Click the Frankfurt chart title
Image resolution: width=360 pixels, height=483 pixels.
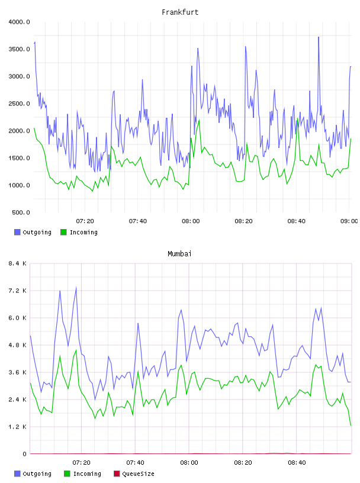tap(180, 12)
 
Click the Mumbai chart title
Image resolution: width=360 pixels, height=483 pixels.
tap(179, 254)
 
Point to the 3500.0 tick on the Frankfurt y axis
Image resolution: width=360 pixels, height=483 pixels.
tap(19, 49)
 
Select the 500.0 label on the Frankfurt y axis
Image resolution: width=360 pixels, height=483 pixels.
tap(21, 212)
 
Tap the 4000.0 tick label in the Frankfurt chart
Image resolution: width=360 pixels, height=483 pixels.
tap(19, 22)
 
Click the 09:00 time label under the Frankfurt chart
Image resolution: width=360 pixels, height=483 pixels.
tap(349, 221)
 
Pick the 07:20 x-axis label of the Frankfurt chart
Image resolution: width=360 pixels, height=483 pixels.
tap(85, 221)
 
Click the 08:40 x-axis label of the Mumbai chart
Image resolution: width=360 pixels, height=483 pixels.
tap(297, 463)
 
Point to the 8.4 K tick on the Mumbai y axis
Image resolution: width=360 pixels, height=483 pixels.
tap(17, 263)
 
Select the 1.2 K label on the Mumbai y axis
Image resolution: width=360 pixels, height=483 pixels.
tap(17, 427)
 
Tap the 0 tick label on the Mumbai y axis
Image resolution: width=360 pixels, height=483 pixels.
tap(24, 454)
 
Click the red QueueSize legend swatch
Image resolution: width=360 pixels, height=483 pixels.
tap(117, 474)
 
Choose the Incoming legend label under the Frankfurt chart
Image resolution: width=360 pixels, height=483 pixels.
tap(83, 232)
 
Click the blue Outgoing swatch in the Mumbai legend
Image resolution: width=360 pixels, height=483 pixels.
tap(17, 474)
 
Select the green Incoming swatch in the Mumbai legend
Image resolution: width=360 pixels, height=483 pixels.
tap(67, 474)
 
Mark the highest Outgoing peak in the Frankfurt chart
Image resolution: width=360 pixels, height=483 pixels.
tap(319, 37)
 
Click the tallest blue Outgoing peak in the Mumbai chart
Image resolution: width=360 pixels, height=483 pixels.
tap(76, 288)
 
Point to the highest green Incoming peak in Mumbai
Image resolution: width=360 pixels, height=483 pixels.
tap(76, 350)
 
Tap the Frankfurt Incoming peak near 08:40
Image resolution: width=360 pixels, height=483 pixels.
tap(297, 118)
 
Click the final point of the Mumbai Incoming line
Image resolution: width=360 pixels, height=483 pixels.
tap(351, 426)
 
